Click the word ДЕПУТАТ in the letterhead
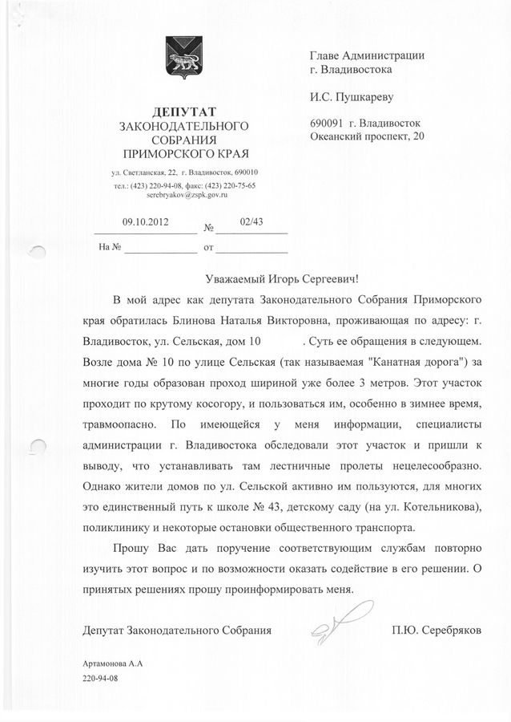tap(184, 111)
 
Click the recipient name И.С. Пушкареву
tap(352, 98)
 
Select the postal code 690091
tap(326, 124)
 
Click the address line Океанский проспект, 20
tap(368, 137)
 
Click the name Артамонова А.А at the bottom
tap(112, 664)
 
